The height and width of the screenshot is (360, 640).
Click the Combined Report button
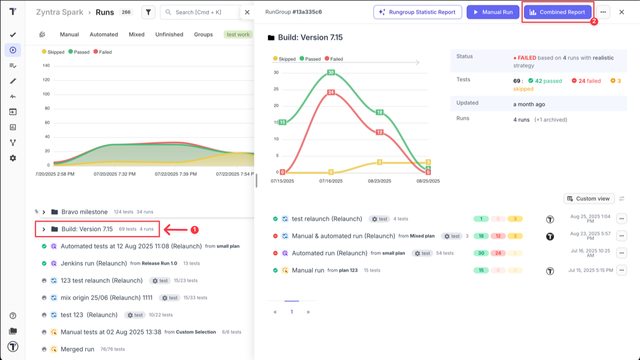click(557, 12)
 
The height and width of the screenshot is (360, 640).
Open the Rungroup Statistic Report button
click(417, 12)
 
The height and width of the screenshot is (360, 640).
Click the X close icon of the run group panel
click(621, 12)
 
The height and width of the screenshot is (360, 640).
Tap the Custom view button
click(588, 198)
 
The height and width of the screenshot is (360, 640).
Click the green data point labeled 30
click(330, 72)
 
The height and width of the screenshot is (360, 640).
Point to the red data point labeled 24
click(330, 92)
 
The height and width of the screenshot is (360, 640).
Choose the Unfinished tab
click(169, 34)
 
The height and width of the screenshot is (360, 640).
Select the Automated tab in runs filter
click(103, 34)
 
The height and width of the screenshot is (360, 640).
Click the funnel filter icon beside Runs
click(148, 12)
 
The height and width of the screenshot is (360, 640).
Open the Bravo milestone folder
click(84, 212)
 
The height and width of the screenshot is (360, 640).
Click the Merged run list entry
click(77, 349)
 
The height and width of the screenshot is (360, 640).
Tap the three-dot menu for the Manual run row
click(621, 270)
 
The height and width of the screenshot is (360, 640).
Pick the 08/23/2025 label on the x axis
click(379, 181)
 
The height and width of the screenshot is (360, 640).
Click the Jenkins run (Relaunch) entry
click(93, 263)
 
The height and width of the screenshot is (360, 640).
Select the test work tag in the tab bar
click(238, 34)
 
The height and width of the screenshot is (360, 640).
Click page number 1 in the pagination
click(291, 311)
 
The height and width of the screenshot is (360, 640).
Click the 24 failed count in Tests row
click(586, 81)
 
